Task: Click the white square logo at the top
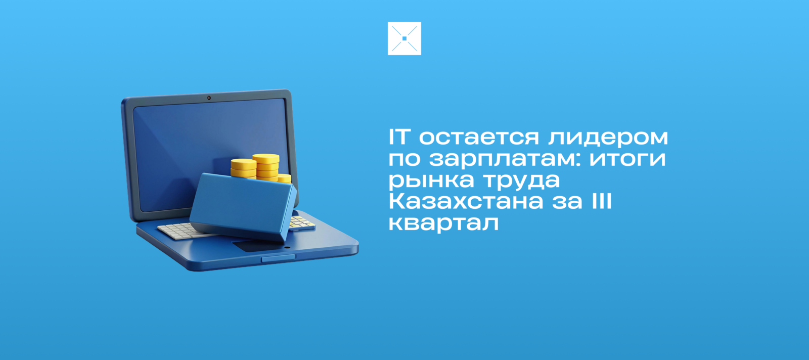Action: (x=404, y=38)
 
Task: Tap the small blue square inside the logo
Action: (x=404, y=38)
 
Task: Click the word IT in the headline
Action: (x=399, y=137)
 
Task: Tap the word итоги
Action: (x=627, y=159)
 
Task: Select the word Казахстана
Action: (x=466, y=201)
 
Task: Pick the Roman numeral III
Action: (x=601, y=201)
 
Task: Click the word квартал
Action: (x=443, y=223)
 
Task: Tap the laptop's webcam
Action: (x=209, y=98)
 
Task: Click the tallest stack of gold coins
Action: (x=266, y=167)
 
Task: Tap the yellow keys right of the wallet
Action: (x=301, y=222)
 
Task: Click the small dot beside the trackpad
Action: (x=287, y=248)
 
